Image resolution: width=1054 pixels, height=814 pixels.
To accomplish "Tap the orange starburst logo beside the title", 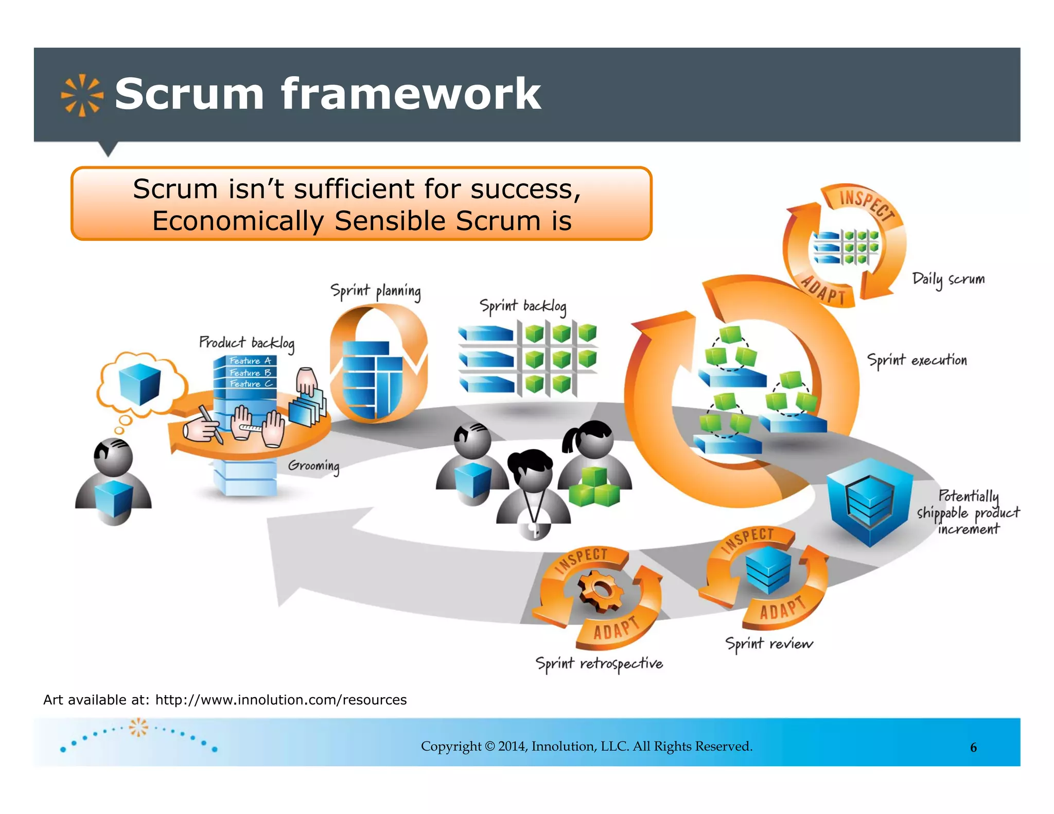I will point(81,95).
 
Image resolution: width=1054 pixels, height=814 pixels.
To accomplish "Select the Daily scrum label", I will point(948,279).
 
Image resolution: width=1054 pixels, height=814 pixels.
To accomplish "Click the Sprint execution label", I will point(917,360).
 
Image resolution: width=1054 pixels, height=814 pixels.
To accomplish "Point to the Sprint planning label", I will point(375,291).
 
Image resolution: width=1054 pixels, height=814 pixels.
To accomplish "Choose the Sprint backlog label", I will point(522,307).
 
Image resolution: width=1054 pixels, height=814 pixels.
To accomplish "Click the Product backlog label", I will point(247,343).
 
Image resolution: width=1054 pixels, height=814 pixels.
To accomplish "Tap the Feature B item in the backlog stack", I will point(250,373).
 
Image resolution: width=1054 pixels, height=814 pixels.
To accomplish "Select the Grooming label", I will point(313,466).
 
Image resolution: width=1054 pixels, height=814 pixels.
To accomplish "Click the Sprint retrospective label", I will point(599,664).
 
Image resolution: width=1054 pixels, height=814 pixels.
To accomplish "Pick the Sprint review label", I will point(768,644).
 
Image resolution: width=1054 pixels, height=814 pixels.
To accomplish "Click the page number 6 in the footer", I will point(973,748).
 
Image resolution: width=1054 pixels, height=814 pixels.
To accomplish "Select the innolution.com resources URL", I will point(280,700).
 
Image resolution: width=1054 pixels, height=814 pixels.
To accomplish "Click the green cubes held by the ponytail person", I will point(594,487).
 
